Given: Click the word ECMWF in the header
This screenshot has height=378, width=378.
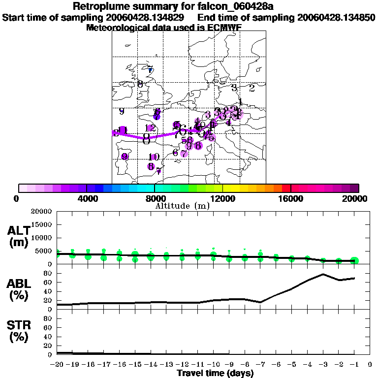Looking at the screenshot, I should point(224,28).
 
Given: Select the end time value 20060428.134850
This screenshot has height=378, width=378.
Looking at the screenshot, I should point(336,18).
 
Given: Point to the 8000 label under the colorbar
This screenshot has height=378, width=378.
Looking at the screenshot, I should point(154,199).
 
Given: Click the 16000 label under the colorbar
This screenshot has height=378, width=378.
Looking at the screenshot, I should point(290,199).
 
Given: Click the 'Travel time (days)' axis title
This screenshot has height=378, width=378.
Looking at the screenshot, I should point(215,374).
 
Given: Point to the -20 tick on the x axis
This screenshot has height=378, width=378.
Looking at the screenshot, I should point(58,364).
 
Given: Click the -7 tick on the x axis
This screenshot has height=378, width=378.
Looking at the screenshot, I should point(260,364).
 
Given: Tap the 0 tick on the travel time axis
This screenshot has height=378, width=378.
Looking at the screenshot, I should point(370,364).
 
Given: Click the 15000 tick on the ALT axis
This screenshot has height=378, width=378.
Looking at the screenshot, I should point(42,224).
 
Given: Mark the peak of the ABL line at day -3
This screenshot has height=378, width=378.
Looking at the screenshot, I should point(323,274).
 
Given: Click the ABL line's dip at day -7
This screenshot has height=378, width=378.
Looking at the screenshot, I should point(260,302).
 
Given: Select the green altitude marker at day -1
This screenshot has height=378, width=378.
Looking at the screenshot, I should point(354,261).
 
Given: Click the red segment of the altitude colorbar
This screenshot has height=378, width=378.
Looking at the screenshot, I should point(286,188).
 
